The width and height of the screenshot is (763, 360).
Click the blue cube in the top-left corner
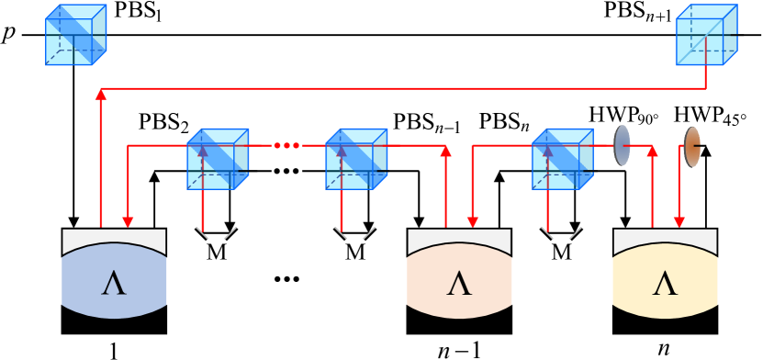pyautogui.click(x=75, y=35)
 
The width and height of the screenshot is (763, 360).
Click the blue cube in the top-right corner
pyautogui.click(x=706, y=35)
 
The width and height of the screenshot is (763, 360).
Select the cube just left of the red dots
pyautogui.click(x=218, y=159)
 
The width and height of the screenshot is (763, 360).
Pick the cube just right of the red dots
pyautogui.click(x=356, y=159)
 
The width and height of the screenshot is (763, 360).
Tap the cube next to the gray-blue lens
pyautogui.click(x=562, y=159)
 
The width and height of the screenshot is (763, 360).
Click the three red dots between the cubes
pyautogui.click(x=286, y=145)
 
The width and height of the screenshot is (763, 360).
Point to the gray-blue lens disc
pyautogui.click(x=622, y=146)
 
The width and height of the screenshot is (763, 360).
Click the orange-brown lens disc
pyautogui.click(x=691, y=147)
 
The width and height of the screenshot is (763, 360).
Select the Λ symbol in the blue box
pyautogui.click(x=114, y=283)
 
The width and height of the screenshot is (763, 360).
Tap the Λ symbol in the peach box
pyautogui.click(x=459, y=283)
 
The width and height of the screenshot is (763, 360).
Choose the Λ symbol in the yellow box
pyautogui.click(x=665, y=283)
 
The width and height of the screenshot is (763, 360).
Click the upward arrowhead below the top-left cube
pyautogui.click(x=101, y=94)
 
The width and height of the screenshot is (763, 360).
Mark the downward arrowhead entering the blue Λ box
pyautogui.click(x=128, y=221)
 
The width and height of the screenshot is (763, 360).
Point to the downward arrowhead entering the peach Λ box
pyautogui.click(x=472, y=221)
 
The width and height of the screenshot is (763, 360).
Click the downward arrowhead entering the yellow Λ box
pyautogui.click(x=679, y=221)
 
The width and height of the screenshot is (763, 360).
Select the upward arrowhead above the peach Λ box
pyautogui.click(x=446, y=151)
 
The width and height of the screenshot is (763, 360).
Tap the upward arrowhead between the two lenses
pyautogui.click(x=652, y=151)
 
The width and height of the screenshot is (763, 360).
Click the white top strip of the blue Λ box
pyautogui.click(x=114, y=237)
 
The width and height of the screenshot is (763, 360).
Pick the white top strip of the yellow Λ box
pyautogui.click(x=665, y=237)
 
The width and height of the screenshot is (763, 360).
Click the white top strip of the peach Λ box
pyautogui.click(x=459, y=237)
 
